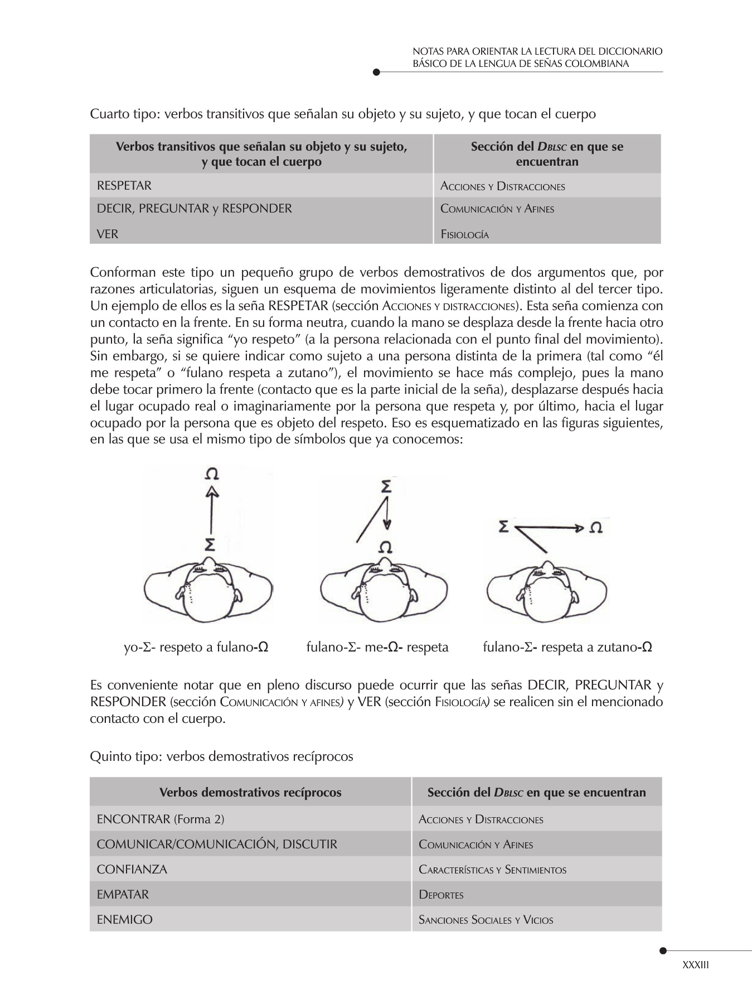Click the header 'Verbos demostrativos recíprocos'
click(x=250, y=792)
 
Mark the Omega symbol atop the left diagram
click(x=211, y=474)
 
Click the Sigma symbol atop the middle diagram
click(x=386, y=486)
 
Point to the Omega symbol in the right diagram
click(x=595, y=528)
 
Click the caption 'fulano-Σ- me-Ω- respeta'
click(x=377, y=647)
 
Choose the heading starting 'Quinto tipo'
click(x=221, y=756)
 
